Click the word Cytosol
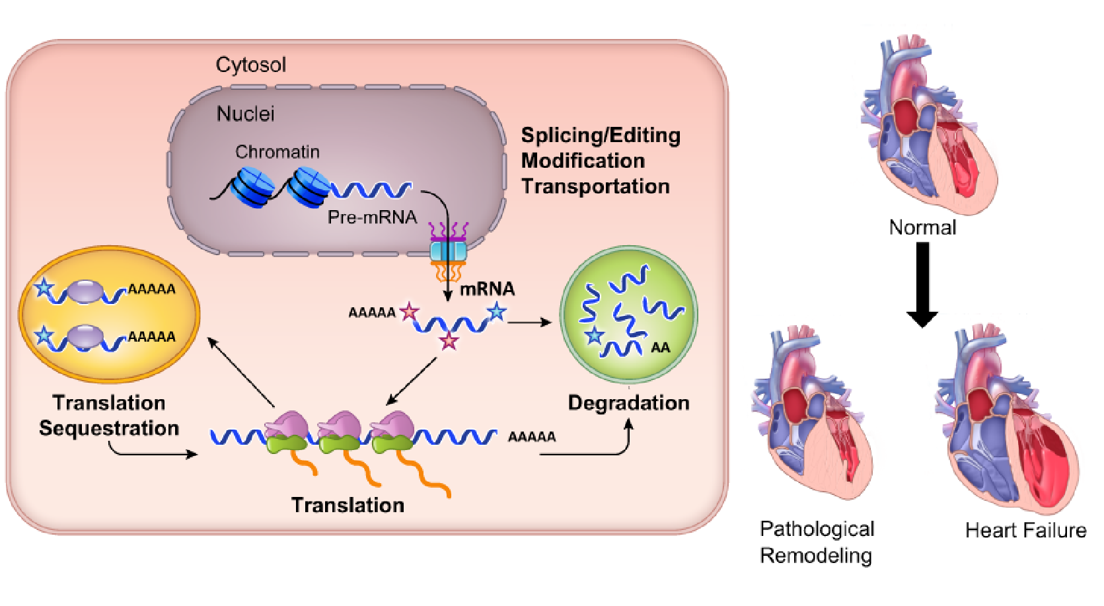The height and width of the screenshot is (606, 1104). tap(250, 65)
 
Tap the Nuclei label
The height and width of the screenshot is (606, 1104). tap(245, 114)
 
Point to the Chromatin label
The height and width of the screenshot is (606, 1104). tap(277, 152)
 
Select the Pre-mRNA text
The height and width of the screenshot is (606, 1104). tap(372, 217)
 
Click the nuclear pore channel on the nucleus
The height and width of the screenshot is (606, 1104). tap(448, 251)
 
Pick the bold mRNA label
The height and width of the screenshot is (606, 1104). tap(487, 289)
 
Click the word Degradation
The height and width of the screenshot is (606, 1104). tap(628, 403)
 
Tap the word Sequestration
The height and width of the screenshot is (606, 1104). tap(109, 428)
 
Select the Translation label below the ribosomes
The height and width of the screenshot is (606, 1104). tap(348, 505)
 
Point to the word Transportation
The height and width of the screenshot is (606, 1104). tap(595, 186)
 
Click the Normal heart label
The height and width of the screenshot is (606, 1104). tap(922, 227)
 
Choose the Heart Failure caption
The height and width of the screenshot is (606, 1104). tap(1025, 530)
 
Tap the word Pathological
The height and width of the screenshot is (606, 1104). tap(817, 529)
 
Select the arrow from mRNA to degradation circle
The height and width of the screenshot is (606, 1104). tap(529, 322)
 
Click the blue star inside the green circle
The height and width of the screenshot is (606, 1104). tap(594, 335)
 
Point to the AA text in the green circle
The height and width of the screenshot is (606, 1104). tap(660, 348)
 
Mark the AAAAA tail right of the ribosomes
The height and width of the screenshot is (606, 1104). tap(532, 437)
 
